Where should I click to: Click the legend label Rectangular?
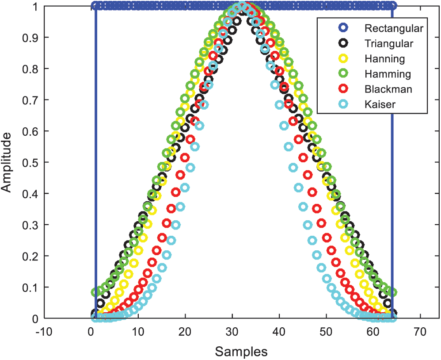tap(394, 28)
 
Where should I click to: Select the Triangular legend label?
tap(389, 43)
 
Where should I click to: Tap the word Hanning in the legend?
tap(384, 58)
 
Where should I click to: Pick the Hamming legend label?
tap(388, 74)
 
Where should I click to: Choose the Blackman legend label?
tap(388, 89)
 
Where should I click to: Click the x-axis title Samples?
tap(241, 352)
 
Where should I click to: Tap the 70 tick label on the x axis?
tap(420, 331)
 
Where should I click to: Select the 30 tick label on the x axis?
tap(232, 331)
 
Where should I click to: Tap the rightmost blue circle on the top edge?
tap(392, 6)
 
